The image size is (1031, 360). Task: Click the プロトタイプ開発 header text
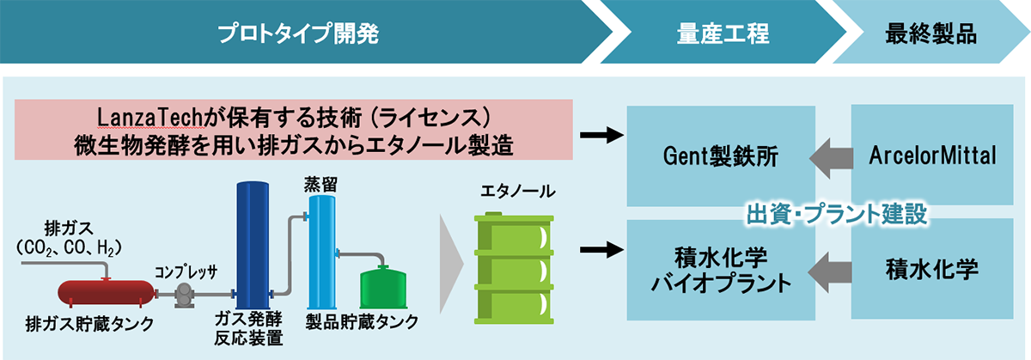[x=298, y=34]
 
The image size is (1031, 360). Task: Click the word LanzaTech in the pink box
[x=148, y=117]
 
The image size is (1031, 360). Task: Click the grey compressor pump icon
[x=183, y=296]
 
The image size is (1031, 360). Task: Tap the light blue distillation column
[x=322, y=250]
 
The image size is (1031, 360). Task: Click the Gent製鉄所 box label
[x=721, y=156]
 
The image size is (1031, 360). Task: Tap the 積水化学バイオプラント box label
[x=721, y=270]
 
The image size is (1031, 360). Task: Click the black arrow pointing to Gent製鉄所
[x=600, y=135]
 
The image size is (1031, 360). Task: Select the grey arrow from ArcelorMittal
[x=823, y=156]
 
